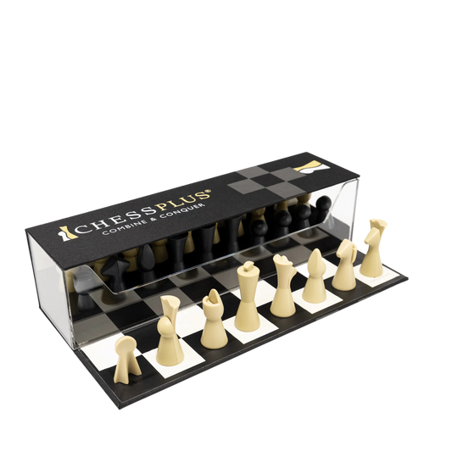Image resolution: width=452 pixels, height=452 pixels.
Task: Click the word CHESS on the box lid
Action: [114, 219]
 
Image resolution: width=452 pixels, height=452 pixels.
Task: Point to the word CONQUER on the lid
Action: [185, 211]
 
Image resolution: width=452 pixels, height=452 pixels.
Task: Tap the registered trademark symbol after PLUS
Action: [209, 191]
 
